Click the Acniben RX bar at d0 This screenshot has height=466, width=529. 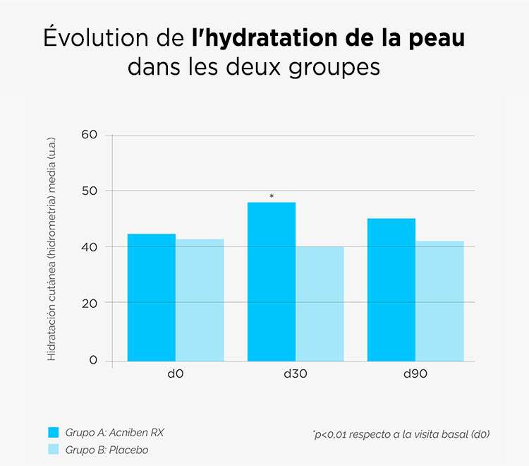point(151,297)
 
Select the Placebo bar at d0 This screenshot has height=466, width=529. point(200,300)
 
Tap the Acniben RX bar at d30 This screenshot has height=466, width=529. point(271,282)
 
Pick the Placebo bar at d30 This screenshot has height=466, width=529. point(320,304)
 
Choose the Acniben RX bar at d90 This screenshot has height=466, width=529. point(391,289)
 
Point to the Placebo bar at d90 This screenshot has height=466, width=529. point(440,301)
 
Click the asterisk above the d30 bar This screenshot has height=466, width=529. point(272,196)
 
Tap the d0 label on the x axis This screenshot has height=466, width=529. point(176,374)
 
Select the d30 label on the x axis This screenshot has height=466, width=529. point(296,374)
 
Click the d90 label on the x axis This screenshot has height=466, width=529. point(415,374)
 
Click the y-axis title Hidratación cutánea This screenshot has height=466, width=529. point(51,249)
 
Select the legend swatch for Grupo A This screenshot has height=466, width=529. point(54,432)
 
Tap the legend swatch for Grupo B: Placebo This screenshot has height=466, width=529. point(54,450)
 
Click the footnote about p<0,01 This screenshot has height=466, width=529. point(400,434)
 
